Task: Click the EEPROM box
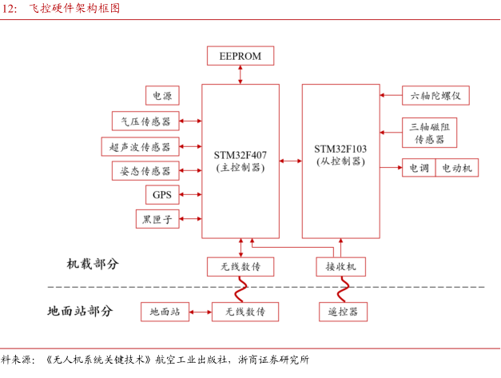pyautogui.click(x=240, y=56)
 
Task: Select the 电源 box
pyautogui.click(x=162, y=96)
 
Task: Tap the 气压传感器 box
pyautogui.click(x=145, y=121)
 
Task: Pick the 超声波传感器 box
pyautogui.click(x=140, y=146)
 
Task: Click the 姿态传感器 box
pyautogui.click(x=145, y=171)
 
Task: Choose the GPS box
pyautogui.click(x=162, y=194)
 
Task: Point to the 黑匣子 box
pyautogui.click(x=158, y=218)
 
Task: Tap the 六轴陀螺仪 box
pyautogui.click(x=435, y=96)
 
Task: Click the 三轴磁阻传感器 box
pyautogui.click(x=429, y=133)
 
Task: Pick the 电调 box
pyautogui.click(x=418, y=168)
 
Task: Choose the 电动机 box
pyautogui.click(x=456, y=168)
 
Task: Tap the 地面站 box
pyautogui.click(x=165, y=311)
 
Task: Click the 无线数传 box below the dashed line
pyautogui.click(x=240, y=311)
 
